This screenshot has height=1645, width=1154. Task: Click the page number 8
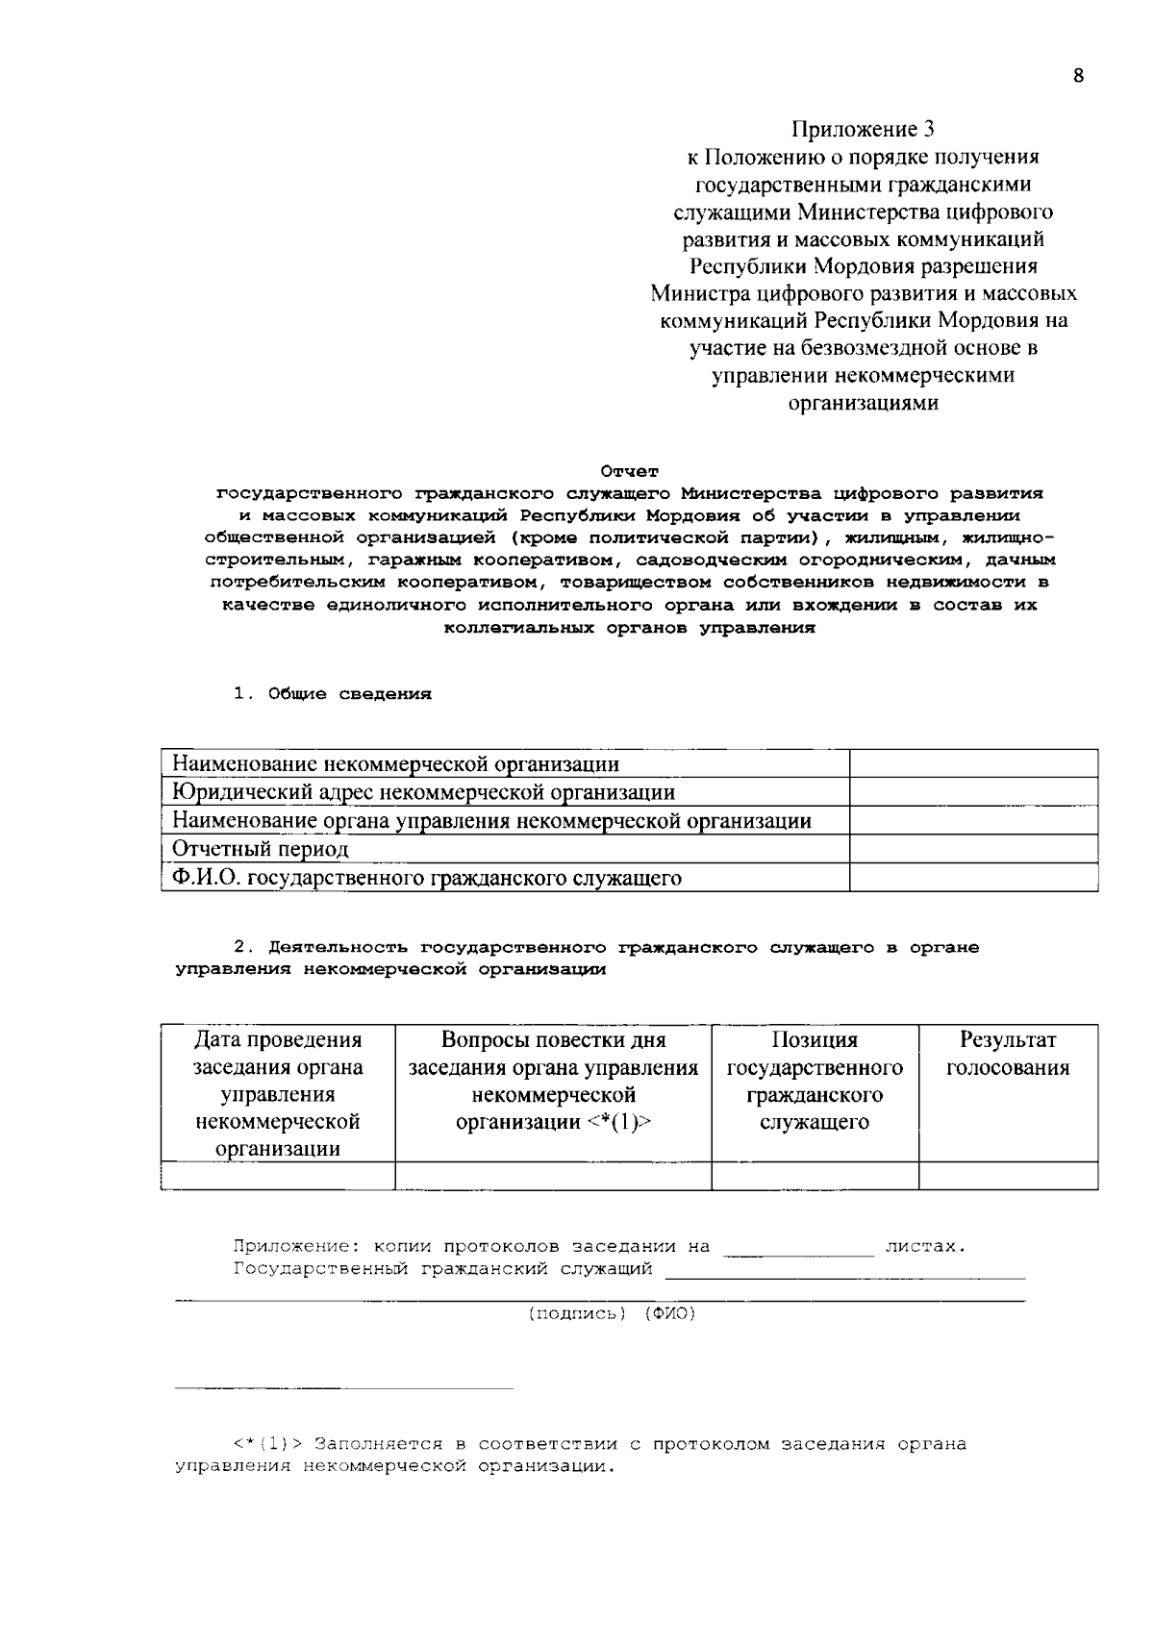coord(1078,77)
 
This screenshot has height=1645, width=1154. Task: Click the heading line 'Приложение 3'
coord(863,129)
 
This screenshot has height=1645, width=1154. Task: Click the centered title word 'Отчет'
coord(630,471)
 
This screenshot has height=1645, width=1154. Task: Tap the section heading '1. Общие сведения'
coord(333,694)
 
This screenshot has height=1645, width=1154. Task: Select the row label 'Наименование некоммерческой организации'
coord(395,764)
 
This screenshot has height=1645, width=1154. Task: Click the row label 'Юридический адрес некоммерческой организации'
coord(423,792)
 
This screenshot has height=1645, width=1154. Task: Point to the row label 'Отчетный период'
coord(261,849)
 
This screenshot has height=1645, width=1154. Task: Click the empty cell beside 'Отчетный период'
coord(973,849)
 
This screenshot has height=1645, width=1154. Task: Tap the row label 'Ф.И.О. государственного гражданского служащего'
coord(427,878)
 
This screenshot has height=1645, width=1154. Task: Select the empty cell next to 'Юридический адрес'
coord(973,792)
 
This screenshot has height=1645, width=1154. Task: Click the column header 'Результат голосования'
coord(1008,1054)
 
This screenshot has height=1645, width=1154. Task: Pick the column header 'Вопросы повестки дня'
coord(553,1040)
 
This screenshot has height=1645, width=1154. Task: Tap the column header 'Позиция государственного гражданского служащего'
coord(815,1081)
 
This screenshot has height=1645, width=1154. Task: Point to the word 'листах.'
coord(924,1247)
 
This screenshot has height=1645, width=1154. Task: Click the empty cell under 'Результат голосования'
coord(1008,1176)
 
